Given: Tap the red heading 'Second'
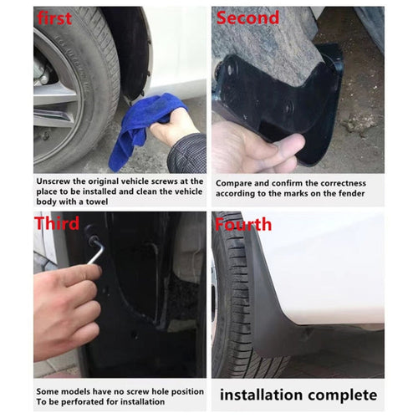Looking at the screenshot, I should pos(248,18).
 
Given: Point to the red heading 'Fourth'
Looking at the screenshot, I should pos(243,224).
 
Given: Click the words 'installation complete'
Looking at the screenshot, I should pos(298,395).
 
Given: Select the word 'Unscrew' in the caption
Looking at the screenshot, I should pos(54,180).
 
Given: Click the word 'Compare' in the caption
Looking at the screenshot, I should pos(236,182).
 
